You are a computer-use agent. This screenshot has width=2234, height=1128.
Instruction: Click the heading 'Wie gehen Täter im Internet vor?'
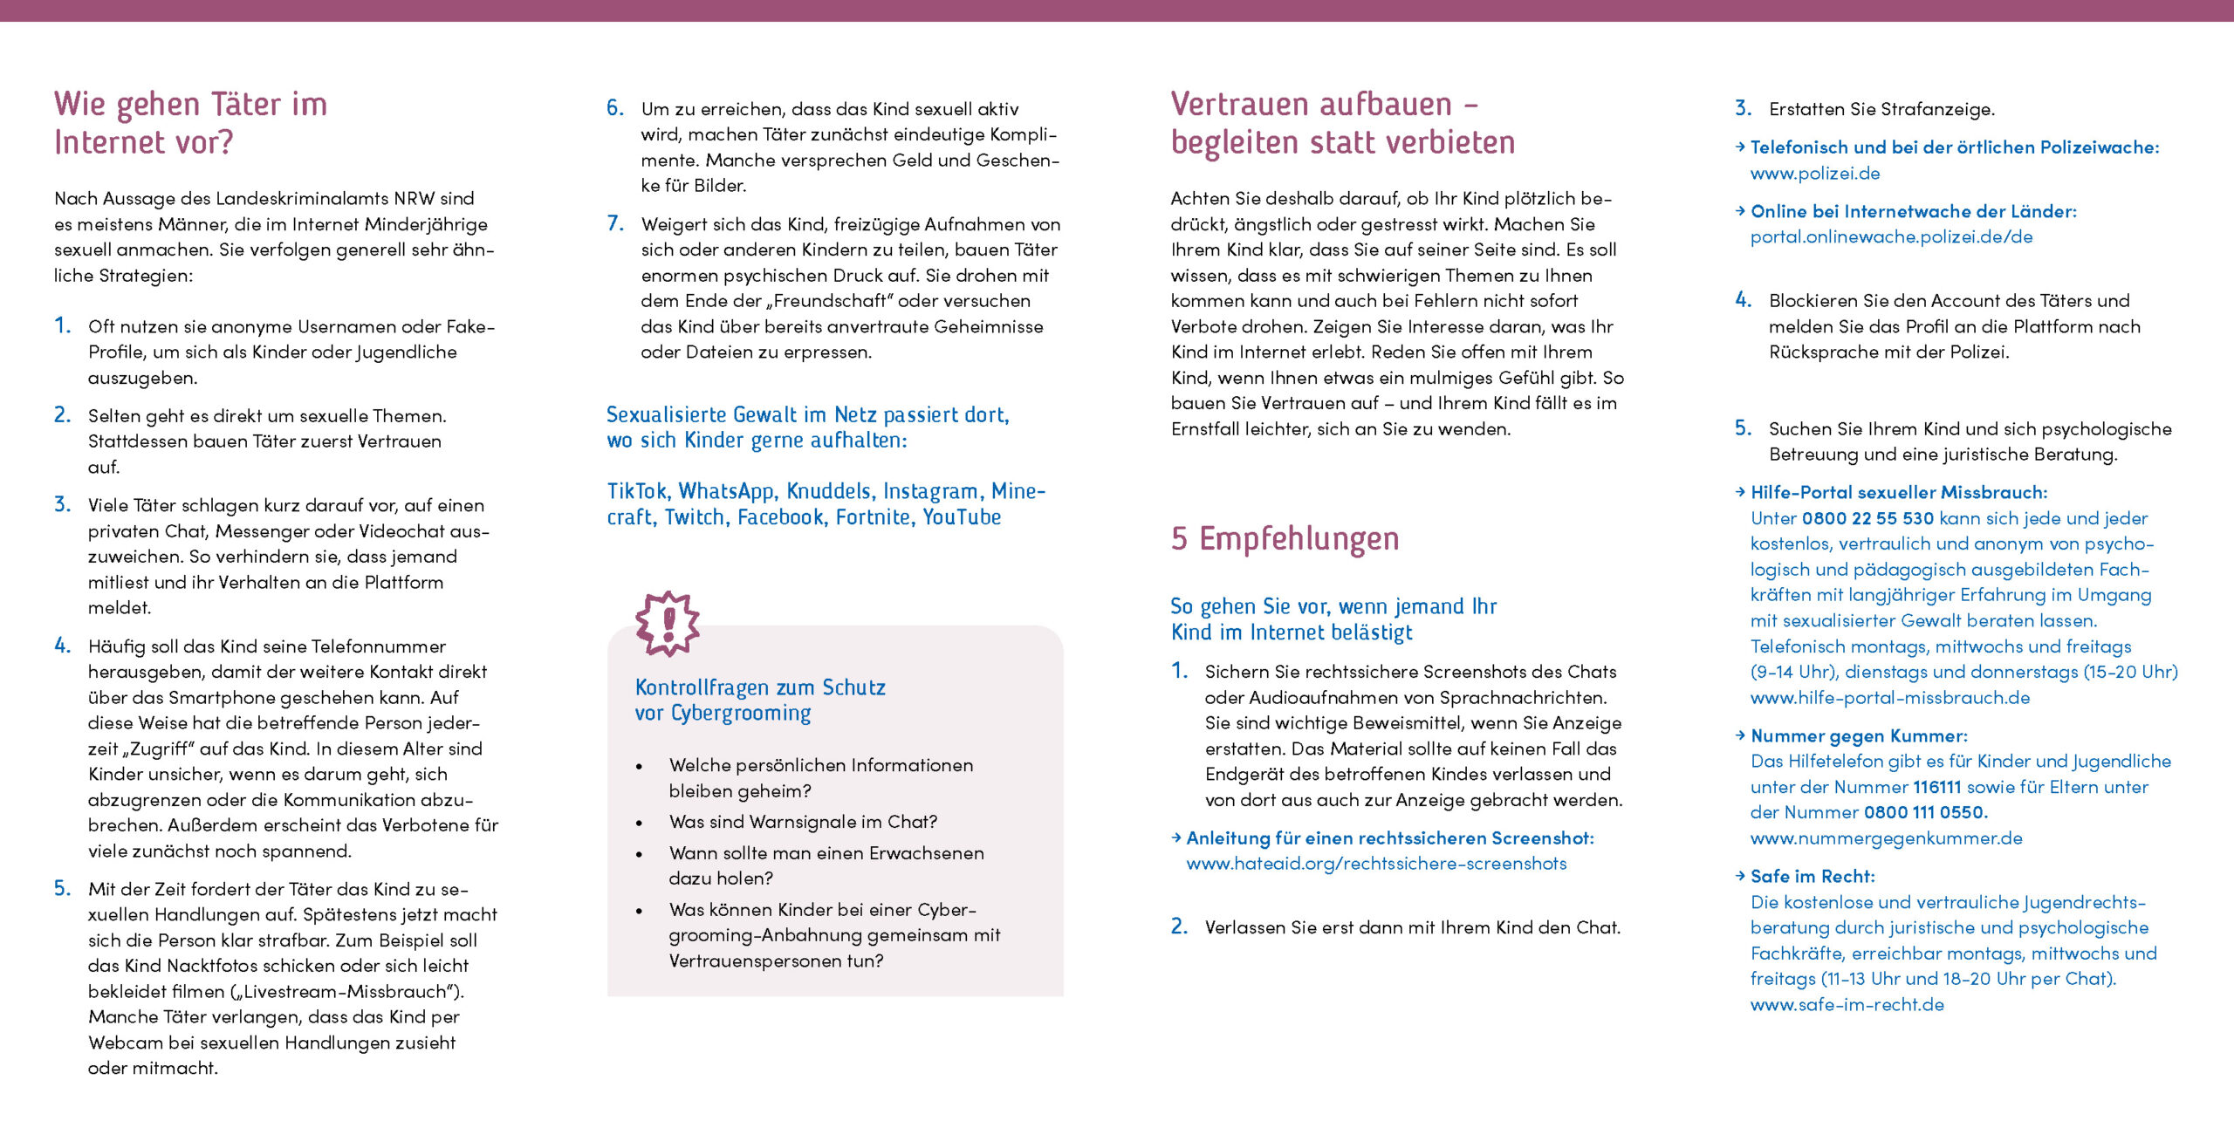point(190,123)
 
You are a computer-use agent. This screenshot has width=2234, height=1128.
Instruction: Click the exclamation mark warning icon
point(668,623)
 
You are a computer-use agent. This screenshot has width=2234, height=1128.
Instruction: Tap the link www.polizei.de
point(1815,174)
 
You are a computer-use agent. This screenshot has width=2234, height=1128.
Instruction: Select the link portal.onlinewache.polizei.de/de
point(1891,237)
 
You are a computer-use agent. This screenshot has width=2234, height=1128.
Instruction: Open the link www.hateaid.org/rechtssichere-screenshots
point(1376,864)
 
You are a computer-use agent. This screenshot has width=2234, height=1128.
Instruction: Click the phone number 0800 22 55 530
point(1867,518)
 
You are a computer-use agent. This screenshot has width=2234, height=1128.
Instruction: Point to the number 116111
point(1936,787)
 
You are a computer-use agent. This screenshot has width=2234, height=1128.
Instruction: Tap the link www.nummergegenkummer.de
point(1886,838)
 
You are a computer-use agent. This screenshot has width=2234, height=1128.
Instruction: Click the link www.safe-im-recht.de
point(1847,1005)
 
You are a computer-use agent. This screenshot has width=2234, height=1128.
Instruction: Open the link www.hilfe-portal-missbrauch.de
point(1889,698)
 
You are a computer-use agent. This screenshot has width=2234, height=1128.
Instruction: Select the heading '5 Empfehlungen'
point(1285,539)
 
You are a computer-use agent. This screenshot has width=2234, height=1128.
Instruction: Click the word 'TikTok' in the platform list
point(637,492)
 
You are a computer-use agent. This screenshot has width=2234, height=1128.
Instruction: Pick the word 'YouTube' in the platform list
point(962,517)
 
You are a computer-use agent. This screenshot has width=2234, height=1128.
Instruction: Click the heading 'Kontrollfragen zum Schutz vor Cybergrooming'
point(759,701)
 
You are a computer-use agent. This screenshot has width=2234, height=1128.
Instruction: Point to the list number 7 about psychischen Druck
point(615,223)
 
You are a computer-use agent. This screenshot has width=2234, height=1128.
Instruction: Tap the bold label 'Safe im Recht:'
point(1813,877)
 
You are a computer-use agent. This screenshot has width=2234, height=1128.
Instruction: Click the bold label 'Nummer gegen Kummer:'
point(1859,736)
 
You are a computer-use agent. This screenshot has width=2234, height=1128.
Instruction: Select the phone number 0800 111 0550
point(1923,812)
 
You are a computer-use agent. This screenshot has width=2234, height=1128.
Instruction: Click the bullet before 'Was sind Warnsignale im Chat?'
point(640,823)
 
